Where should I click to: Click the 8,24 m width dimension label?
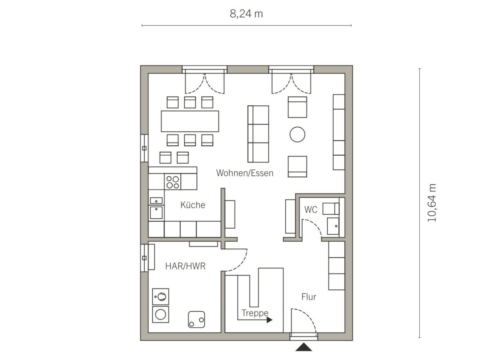click(246, 14)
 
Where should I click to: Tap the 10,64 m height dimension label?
click(431, 203)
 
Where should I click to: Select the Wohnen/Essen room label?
click(245, 173)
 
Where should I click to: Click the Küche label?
click(193, 205)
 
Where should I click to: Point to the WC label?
click(311, 210)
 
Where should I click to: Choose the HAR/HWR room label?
click(185, 266)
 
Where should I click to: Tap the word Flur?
click(309, 297)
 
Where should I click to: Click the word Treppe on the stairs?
click(255, 313)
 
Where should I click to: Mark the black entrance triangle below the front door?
click(304, 347)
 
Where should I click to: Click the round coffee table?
click(297, 134)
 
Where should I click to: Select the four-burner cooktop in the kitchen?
click(173, 182)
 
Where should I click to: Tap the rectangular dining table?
click(190, 121)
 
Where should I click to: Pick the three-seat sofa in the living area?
click(258, 134)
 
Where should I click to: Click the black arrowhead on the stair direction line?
click(270, 320)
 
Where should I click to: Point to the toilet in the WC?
click(331, 209)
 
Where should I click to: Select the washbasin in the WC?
click(333, 226)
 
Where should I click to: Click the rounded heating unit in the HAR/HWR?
click(196, 320)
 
